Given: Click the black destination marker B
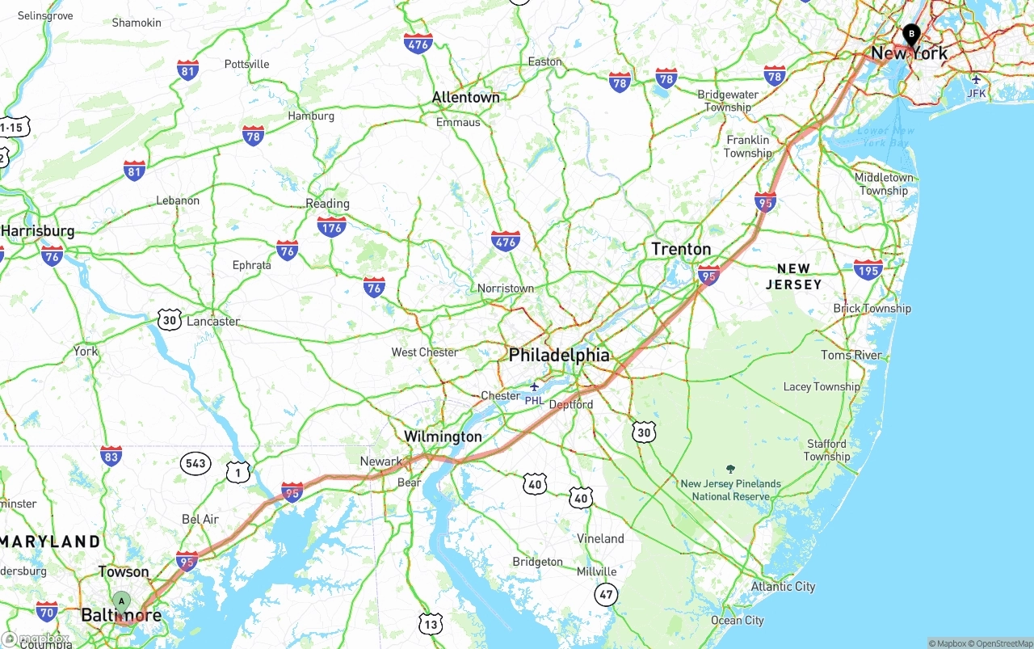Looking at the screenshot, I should tap(911, 35).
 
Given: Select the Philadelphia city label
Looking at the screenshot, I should tap(559, 355).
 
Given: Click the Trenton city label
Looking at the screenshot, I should tap(681, 249).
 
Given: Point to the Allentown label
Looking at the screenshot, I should tap(465, 97).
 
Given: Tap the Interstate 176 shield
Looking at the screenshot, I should tap(331, 225).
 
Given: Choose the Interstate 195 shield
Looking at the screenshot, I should tap(868, 269).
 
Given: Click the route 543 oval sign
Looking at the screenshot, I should tap(195, 463).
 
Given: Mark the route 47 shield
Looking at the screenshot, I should tap(606, 595).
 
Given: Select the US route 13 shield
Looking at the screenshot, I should tap(431, 623).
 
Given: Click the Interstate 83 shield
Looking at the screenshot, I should tap(111, 456).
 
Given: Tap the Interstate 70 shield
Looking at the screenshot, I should tap(47, 611).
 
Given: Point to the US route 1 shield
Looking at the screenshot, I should tap(237, 472).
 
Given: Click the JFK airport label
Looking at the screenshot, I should tap(977, 93).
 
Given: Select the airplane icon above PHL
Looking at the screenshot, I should tap(534, 386).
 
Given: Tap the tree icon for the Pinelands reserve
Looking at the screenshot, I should tap(731, 469).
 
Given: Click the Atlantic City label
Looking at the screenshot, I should tap(783, 587).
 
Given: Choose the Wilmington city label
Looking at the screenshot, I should tap(443, 436).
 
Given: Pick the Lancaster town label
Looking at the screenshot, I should tap(213, 321).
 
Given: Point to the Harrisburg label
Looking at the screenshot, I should tap(38, 231).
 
